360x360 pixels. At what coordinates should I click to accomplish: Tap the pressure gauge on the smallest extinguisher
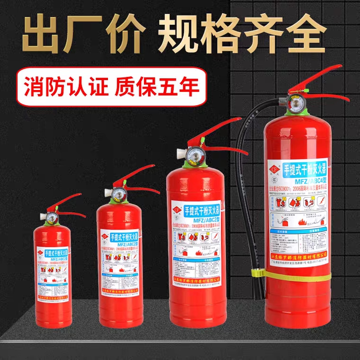coord(50,216)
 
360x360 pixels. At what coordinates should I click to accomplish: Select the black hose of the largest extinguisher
coord(248,189)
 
